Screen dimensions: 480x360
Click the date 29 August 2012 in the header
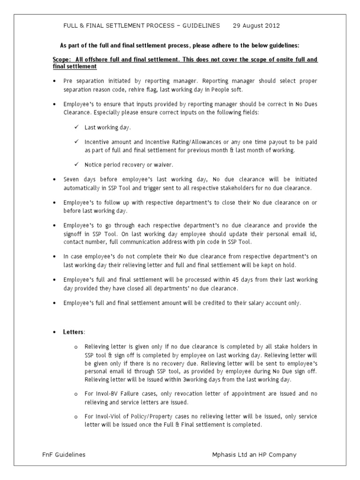[256, 26]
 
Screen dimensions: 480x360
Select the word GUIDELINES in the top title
[198, 26]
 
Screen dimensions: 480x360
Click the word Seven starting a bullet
[72, 179]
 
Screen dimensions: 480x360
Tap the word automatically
[82, 187]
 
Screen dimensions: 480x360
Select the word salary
[249, 303]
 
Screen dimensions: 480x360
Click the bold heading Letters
[74, 332]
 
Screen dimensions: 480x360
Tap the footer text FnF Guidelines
[63, 455]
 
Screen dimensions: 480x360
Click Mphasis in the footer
[225, 455]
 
